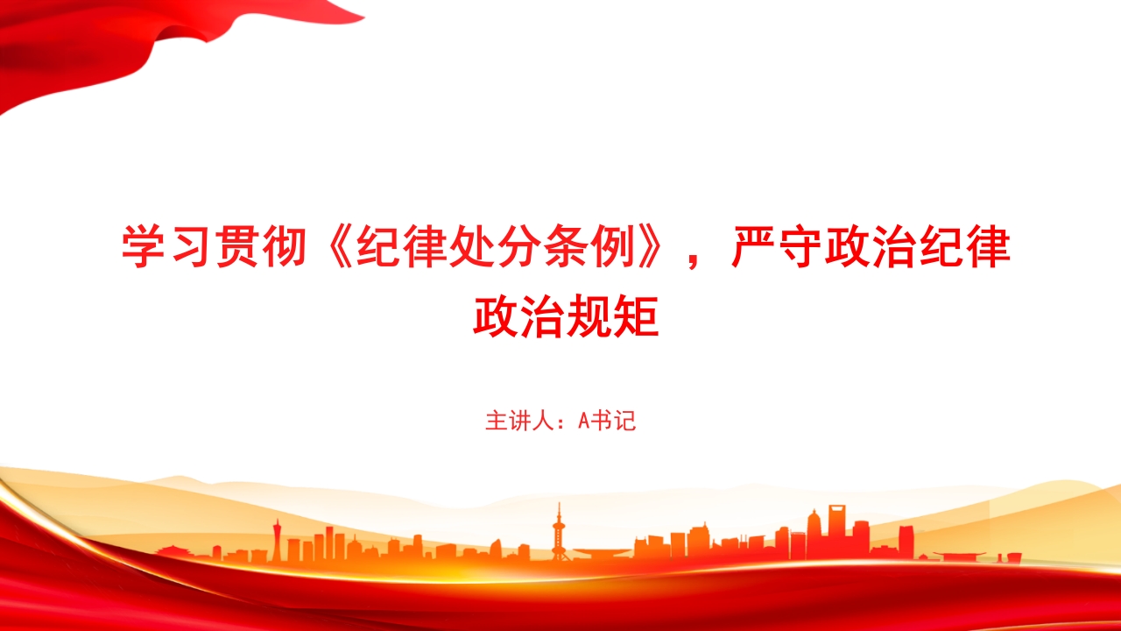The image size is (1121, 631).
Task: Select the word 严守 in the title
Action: (x=776, y=247)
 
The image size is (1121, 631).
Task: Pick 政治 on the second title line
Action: (x=519, y=316)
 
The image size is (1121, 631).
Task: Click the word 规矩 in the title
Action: (x=612, y=316)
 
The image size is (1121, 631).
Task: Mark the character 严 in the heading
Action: (x=754, y=247)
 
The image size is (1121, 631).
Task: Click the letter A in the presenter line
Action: (x=583, y=422)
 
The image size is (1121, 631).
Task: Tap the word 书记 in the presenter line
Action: (x=613, y=421)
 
